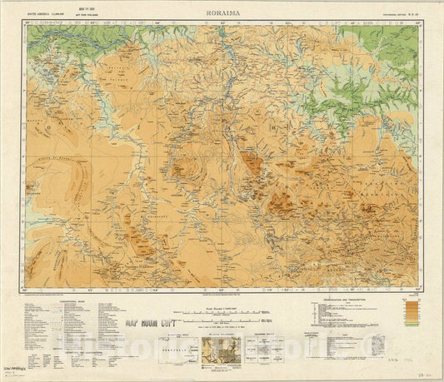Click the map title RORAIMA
221,14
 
